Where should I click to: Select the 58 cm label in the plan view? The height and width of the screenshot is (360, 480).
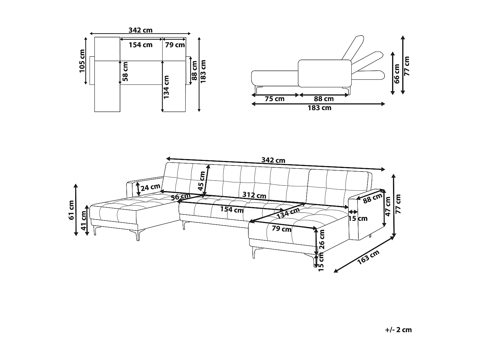click(x=125, y=71)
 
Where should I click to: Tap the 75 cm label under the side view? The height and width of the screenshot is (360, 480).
click(x=275, y=99)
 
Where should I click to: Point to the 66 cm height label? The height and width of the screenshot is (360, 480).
click(x=397, y=74)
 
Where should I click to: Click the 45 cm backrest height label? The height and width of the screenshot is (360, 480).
click(x=202, y=181)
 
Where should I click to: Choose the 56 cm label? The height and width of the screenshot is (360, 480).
click(x=181, y=197)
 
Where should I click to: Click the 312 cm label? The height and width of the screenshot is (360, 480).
click(x=254, y=195)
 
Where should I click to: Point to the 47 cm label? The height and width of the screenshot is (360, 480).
click(x=388, y=207)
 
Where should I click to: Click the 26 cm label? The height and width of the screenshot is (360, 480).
click(x=322, y=239)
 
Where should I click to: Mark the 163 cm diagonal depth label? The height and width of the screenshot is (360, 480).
click(x=368, y=257)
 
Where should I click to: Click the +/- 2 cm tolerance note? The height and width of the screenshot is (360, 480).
click(x=398, y=330)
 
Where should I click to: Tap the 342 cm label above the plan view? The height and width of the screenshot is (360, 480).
click(x=140, y=30)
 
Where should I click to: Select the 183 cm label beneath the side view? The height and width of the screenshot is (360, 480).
click(x=319, y=108)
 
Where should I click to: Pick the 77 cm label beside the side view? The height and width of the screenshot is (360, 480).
click(x=407, y=66)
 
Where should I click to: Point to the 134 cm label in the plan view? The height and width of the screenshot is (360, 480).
click(x=166, y=87)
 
